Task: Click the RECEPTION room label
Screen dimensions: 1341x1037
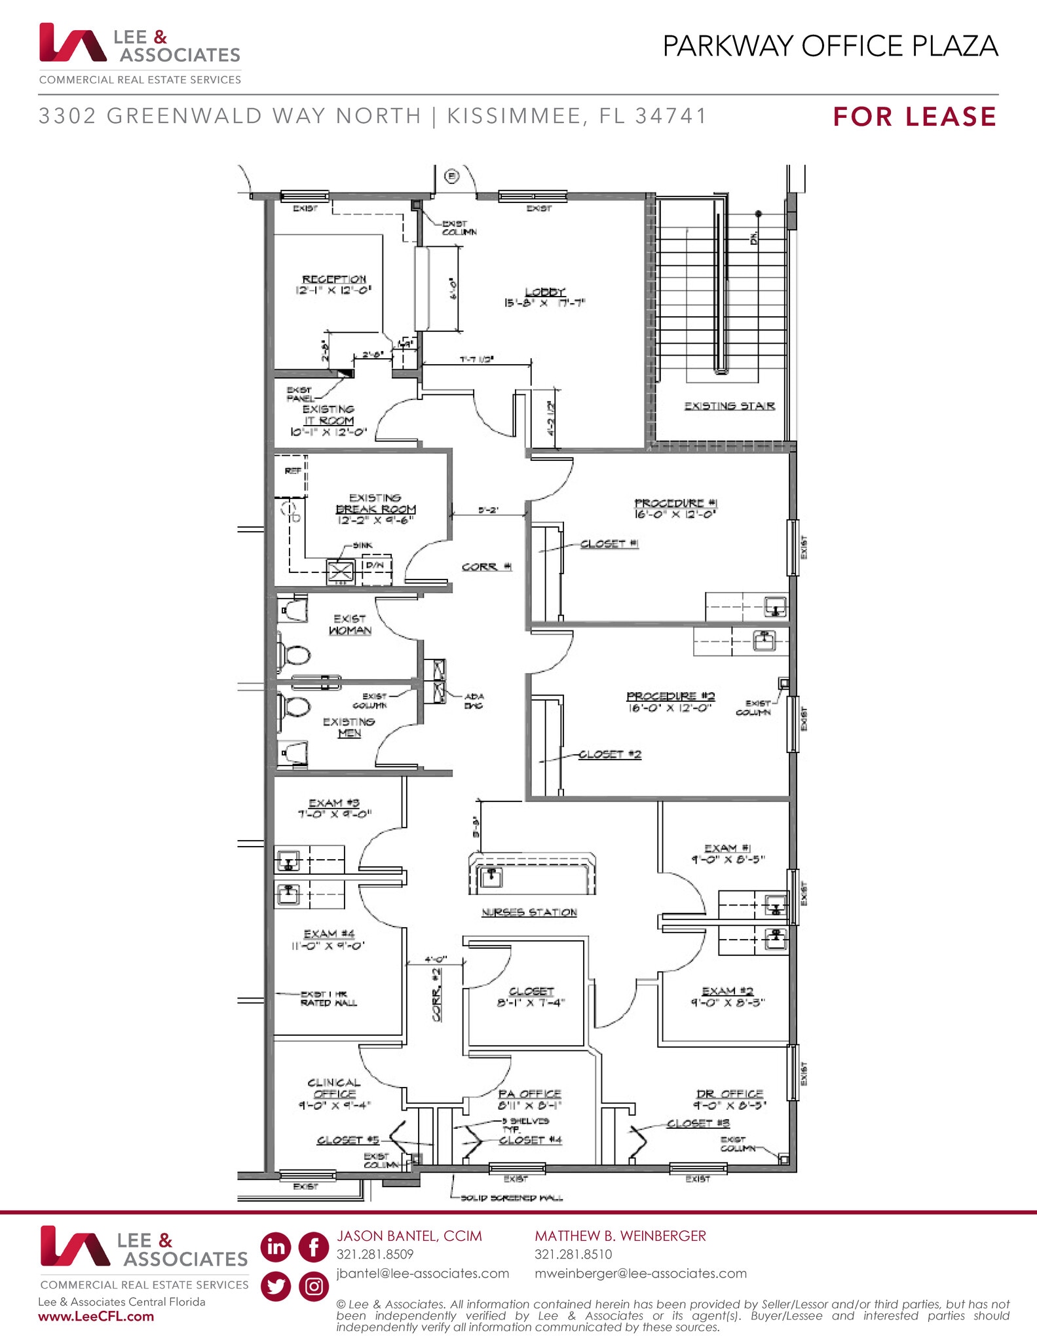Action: [x=333, y=280]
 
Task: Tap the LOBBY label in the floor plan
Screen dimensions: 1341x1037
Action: [x=544, y=292]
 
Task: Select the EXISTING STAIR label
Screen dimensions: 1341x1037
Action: [x=729, y=406]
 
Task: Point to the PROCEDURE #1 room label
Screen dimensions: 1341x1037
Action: [x=675, y=503]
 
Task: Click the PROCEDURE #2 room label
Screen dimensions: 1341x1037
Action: [x=670, y=696]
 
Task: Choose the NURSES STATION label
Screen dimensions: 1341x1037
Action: [x=529, y=912]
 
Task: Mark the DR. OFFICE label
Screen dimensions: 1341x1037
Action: [x=729, y=1093]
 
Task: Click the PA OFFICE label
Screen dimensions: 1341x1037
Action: [x=529, y=1093]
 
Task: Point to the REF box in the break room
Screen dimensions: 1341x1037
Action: [x=292, y=471]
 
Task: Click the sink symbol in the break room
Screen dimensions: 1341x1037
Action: [x=340, y=571]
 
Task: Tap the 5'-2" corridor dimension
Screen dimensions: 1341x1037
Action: [x=488, y=509]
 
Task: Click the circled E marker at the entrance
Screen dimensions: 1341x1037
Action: [x=452, y=176]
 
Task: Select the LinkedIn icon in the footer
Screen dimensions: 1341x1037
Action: [x=276, y=1247]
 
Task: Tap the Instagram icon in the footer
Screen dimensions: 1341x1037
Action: [x=314, y=1287]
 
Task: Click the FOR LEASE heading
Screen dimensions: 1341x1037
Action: [x=914, y=117]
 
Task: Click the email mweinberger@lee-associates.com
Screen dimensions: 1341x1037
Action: [x=640, y=1274]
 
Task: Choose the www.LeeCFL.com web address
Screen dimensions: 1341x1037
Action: [x=96, y=1317]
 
